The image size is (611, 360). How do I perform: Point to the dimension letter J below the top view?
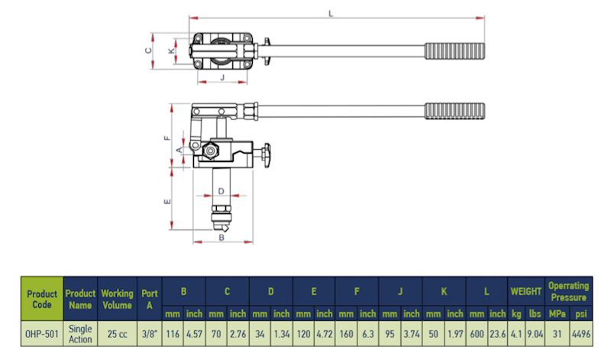[221, 77]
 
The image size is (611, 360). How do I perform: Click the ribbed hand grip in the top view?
[455, 52]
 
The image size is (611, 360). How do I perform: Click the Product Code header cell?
[42, 298]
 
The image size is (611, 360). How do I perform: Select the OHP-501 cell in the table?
[42, 333]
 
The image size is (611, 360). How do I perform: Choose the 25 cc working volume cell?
[117, 333]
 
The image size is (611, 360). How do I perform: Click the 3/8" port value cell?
[149, 333]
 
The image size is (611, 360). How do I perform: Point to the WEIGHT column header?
[526, 291]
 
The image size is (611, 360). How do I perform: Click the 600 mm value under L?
[477, 333]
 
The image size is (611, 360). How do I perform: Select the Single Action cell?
[80, 333]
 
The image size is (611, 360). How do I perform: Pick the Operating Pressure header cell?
[568, 291]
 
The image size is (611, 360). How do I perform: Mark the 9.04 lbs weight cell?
[535, 333]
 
